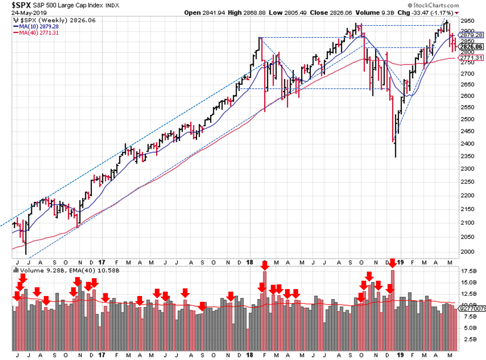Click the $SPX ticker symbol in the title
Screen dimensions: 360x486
tap(21, 5)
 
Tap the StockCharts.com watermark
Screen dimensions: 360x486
tap(433, 5)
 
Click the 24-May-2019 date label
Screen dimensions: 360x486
tap(29, 13)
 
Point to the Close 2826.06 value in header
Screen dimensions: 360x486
tap(331, 13)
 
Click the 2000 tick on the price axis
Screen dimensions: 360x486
tap(467, 252)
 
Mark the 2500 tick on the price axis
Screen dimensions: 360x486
tap(467, 119)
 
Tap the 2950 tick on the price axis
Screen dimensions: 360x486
tap(467, 21)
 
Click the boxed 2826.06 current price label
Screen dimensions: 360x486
tap(471, 47)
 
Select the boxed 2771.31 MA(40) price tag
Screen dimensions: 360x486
tap(471, 58)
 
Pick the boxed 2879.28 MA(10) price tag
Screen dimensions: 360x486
tap(471, 35)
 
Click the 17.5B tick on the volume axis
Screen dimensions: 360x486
tap(469, 271)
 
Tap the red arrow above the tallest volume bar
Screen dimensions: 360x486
tap(392, 263)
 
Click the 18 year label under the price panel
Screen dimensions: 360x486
tap(249, 262)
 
